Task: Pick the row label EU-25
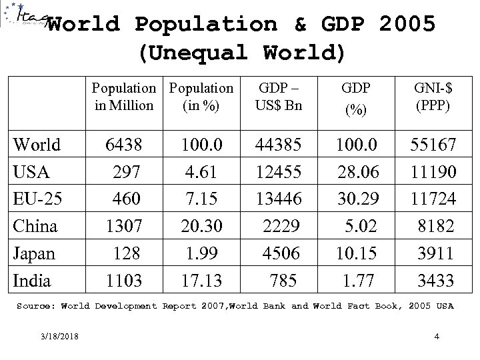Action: point(37,199)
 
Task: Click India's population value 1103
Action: point(125,281)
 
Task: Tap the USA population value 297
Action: point(129,171)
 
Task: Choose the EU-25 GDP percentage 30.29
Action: point(358,199)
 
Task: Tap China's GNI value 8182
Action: point(439,226)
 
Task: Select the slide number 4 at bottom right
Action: point(436,336)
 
